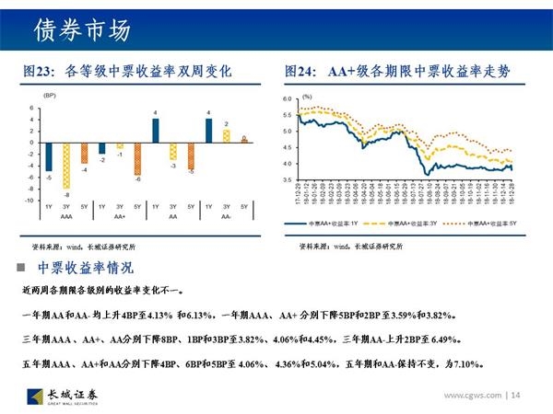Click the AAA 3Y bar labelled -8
pyautogui.click(x=65, y=165)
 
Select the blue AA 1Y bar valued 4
pyautogui.click(x=156, y=131)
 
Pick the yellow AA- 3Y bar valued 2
pyautogui.click(x=226, y=135)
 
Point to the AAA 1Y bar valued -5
pyautogui.click(x=48, y=156)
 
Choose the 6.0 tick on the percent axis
pyautogui.click(x=287, y=98)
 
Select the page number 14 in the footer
pyautogui.click(x=515, y=396)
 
